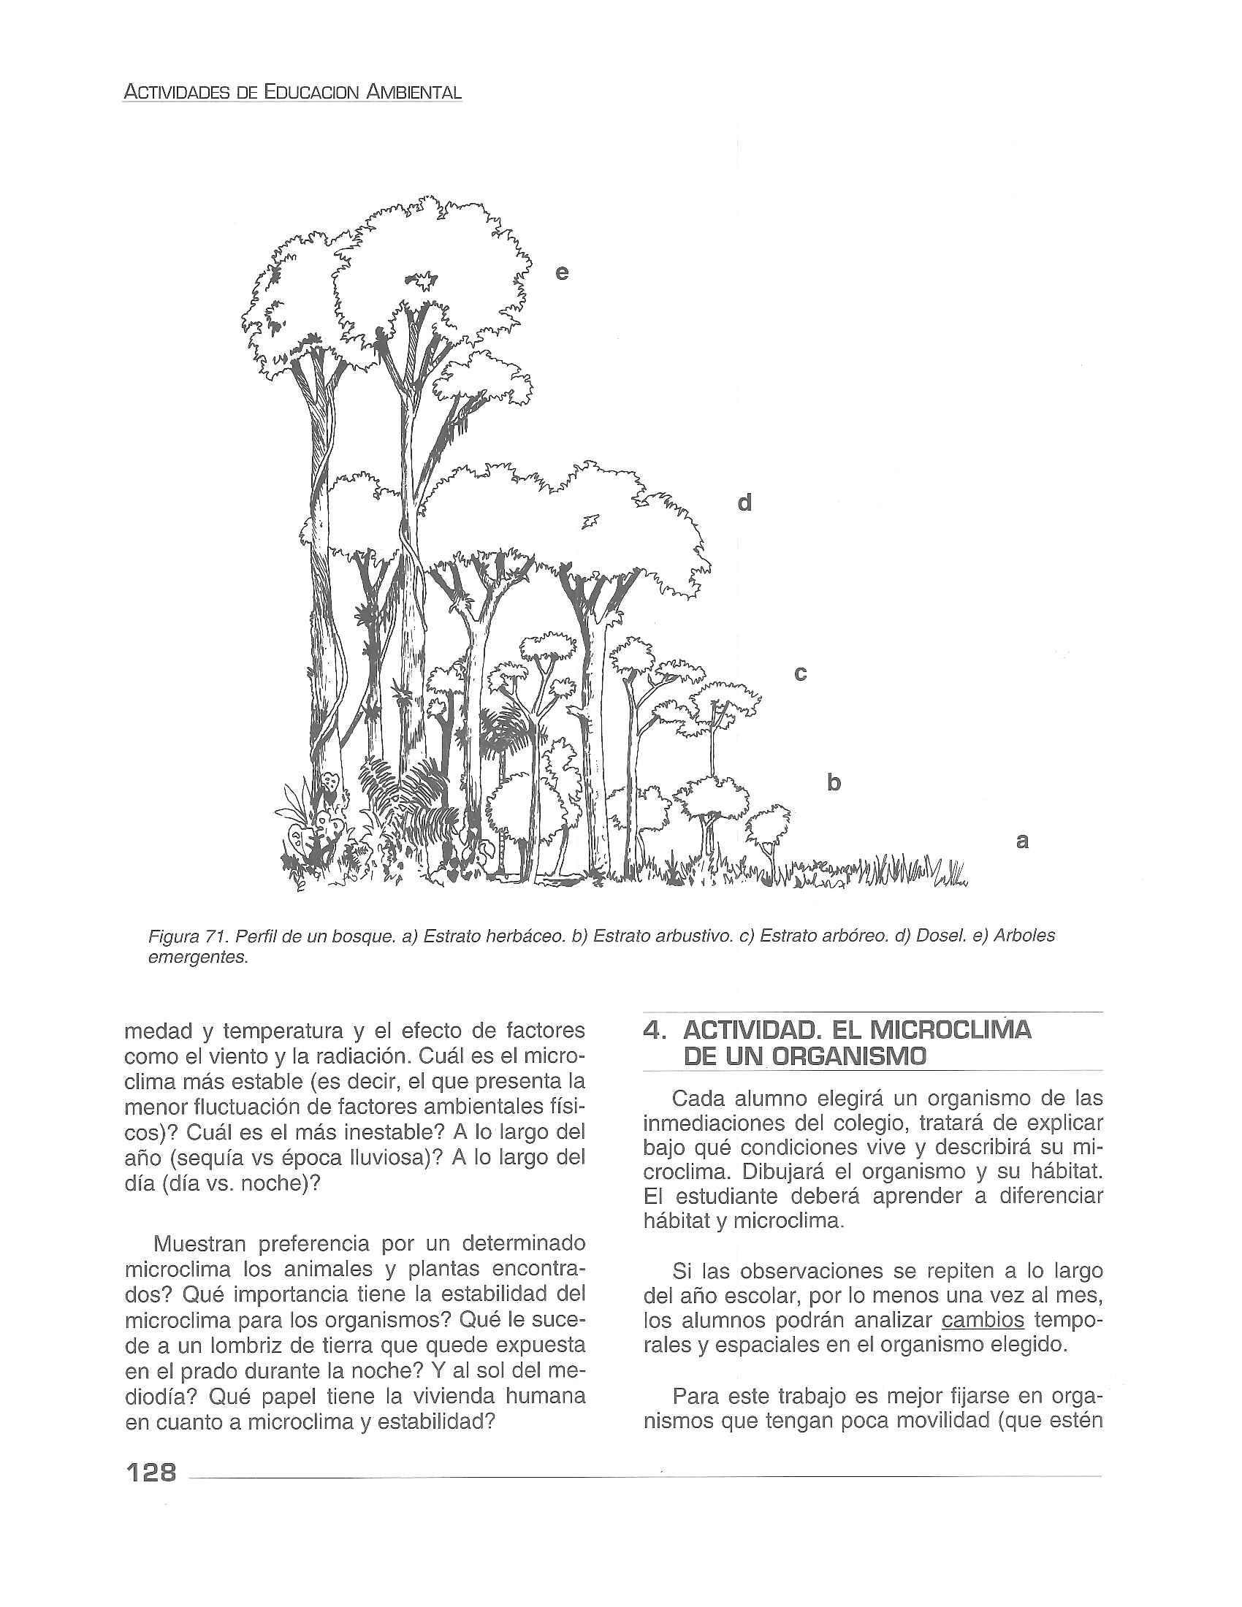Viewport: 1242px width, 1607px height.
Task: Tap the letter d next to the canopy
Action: [x=744, y=503]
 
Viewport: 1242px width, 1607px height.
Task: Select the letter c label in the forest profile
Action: [x=801, y=673]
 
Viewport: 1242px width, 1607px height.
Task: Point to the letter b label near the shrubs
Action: [x=833, y=782]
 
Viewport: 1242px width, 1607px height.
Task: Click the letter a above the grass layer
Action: [x=1021, y=839]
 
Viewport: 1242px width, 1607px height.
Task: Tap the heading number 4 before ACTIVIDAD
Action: [x=649, y=1030]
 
